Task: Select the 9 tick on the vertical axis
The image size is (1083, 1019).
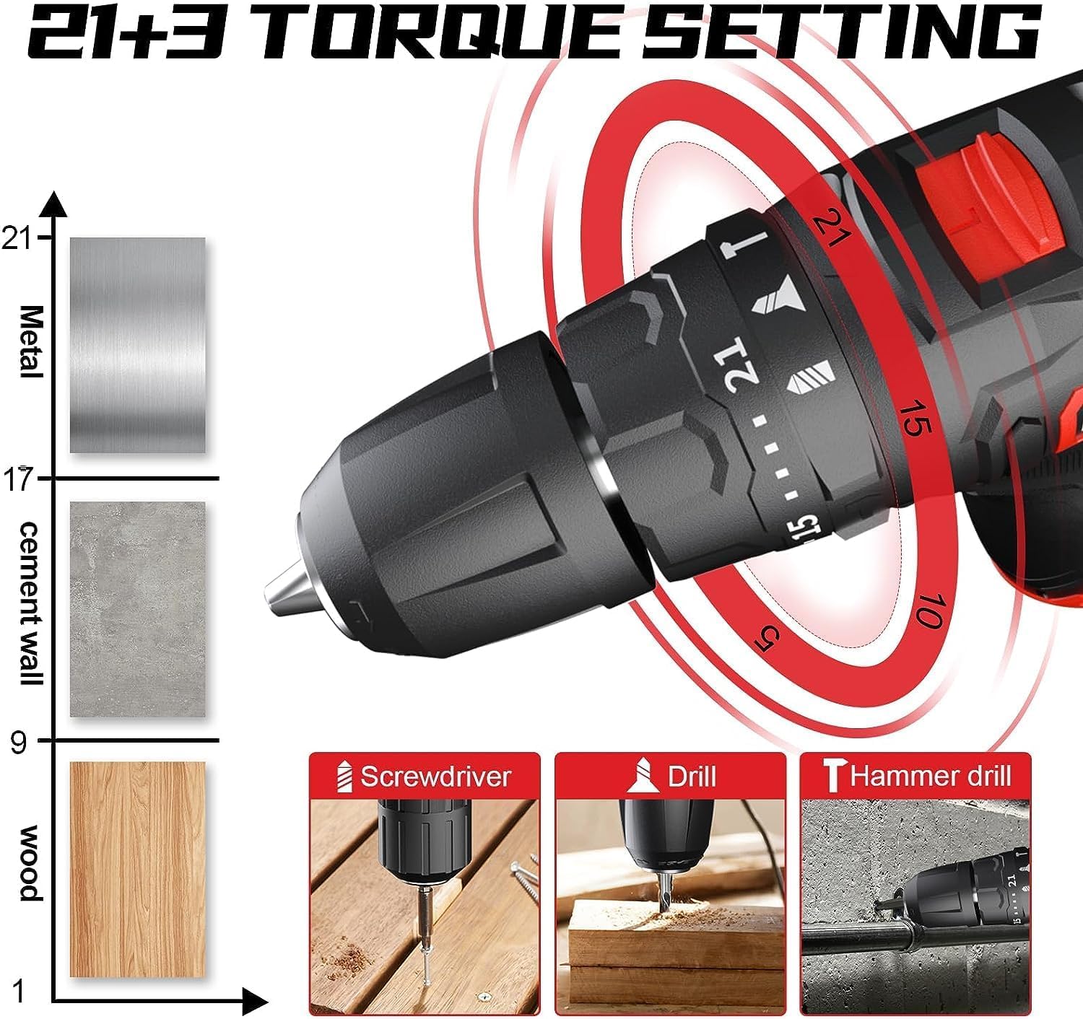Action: coord(19,741)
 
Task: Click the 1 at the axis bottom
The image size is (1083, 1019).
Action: coord(19,991)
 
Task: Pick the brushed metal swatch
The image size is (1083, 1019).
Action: coord(137,345)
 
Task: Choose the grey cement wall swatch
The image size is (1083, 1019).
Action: coord(137,609)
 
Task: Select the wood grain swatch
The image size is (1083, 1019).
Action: coord(137,869)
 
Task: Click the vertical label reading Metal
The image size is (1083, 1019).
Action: coord(30,341)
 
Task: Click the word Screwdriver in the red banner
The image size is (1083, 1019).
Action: coord(435,777)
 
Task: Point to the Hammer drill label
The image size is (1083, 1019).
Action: coord(930,776)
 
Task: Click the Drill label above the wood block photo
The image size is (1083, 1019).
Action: coord(691,777)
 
